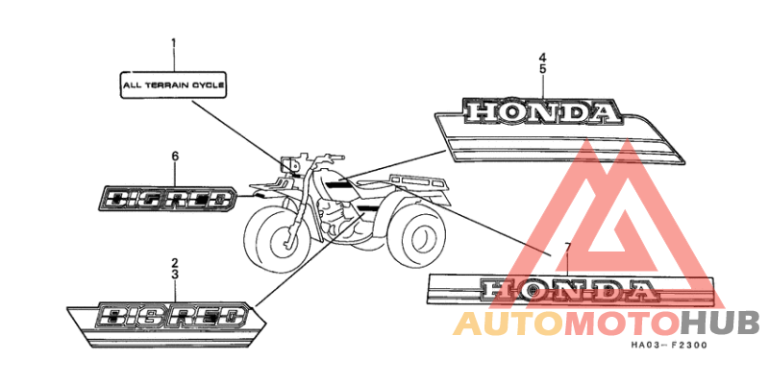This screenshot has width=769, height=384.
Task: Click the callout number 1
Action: point(173,43)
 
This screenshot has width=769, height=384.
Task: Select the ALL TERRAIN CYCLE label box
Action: point(173,85)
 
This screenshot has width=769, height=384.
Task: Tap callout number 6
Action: point(175,156)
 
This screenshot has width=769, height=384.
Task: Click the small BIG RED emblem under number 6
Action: point(169,199)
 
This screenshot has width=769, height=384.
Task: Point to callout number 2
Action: point(175,263)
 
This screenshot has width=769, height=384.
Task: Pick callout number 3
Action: point(175,275)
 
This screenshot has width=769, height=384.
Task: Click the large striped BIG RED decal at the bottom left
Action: point(165,324)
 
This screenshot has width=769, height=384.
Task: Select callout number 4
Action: point(542,58)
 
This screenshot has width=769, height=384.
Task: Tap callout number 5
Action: point(542,69)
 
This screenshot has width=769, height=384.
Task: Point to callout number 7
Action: point(567,247)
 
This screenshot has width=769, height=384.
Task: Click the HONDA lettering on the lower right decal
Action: point(568,291)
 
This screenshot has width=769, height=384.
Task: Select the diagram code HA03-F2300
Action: point(669,346)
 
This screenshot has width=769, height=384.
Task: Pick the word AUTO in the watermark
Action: point(509,324)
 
